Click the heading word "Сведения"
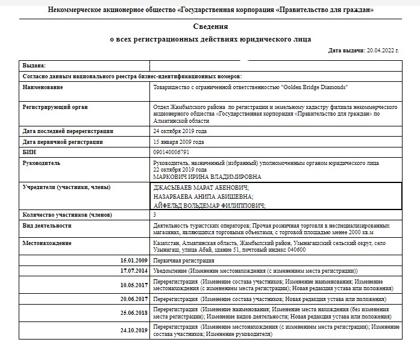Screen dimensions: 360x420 210,27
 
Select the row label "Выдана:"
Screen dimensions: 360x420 34,65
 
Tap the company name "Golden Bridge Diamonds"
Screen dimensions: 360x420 315,87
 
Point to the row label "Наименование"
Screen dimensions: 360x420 43,87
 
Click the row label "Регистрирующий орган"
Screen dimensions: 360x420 55,107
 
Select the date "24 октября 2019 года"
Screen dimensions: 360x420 180,131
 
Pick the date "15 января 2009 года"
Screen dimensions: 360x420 179,141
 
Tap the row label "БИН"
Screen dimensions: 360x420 30,152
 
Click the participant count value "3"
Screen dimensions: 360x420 155,214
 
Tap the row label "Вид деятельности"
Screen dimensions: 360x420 47,225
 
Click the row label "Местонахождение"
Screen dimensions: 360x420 46,243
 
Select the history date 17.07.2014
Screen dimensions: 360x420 134,271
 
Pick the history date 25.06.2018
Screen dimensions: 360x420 134,313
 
